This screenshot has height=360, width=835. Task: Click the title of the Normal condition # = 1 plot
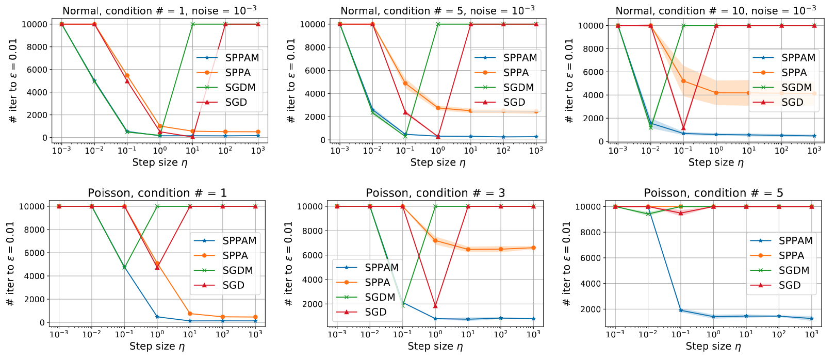(159, 10)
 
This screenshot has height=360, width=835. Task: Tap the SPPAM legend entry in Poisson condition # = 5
(795, 241)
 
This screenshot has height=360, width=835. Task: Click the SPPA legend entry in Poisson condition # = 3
(377, 283)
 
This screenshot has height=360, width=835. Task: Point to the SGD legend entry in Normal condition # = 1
(236, 103)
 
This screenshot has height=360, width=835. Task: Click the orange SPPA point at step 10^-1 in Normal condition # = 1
(127, 75)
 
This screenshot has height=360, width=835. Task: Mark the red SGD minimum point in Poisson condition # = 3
(435, 306)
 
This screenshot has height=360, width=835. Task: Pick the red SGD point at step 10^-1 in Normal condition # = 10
(683, 128)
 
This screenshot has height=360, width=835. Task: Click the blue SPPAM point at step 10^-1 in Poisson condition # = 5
(681, 310)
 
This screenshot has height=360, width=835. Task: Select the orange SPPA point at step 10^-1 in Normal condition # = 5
(405, 83)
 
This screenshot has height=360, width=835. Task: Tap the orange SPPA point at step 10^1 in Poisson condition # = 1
(190, 314)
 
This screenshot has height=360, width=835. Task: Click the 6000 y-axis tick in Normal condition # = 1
(37, 70)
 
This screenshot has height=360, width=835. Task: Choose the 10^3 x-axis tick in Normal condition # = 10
(814, 151)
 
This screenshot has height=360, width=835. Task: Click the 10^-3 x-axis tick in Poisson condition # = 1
(59, 334)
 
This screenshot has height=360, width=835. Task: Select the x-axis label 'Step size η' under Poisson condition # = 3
(435, 347)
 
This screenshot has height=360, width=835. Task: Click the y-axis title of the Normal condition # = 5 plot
(291, 81)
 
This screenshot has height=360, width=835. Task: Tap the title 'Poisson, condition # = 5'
(713, 193)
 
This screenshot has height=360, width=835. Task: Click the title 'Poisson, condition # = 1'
(157, 193)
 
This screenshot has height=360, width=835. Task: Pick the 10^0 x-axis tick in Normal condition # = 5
(438, 151)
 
